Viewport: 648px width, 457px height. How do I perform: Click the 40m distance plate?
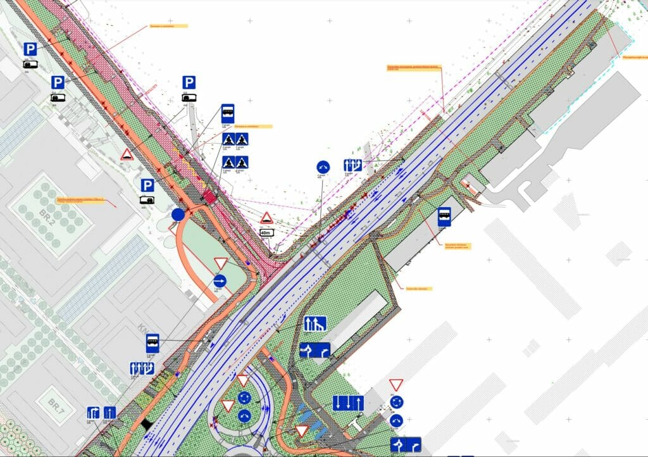(x=266, y=233)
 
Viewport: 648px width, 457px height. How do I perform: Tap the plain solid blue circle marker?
(x=178, y=215)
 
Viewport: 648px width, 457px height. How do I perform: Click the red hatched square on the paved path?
(x=209, y=197)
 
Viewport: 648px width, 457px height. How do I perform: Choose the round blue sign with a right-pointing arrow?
(x=220, y=280)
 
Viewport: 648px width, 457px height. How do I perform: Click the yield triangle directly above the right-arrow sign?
(x=220, y=263)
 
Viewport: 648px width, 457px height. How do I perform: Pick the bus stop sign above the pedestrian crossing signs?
(x=228, y=113)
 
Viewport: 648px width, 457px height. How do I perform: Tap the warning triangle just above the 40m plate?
(x=266, y=218)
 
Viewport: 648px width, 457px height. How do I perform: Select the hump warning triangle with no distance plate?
(x=127, y=154)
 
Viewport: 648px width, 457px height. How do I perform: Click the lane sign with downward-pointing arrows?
(x=348, y=403)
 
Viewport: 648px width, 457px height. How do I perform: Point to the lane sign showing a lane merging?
(x=315, y=323)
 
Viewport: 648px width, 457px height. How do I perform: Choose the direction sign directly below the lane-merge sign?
(x=315, y=350)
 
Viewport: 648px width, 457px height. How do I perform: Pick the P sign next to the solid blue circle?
(x=147, y=185)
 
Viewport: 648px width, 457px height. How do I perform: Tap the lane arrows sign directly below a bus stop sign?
(x=141, y=367)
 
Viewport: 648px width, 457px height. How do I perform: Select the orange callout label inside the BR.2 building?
(x=80, y=200)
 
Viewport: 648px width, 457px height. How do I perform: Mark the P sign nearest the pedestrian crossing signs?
(x=189, y=82)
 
